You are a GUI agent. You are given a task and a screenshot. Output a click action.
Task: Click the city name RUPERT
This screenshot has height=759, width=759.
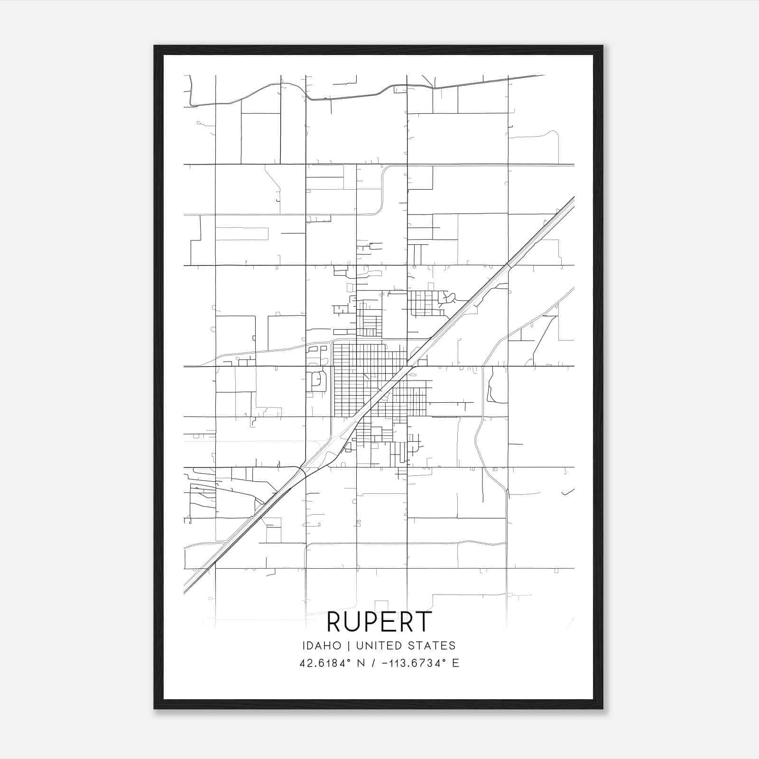tap(379, 622)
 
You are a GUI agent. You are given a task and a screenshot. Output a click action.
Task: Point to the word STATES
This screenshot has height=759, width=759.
tap(432, 646)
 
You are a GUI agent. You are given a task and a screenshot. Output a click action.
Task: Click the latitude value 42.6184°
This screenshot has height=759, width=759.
tap(327, 663)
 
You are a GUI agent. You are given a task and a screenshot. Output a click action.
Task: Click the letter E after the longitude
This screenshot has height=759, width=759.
tap(455, 663)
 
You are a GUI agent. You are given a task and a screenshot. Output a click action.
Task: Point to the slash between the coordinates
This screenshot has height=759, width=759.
tap(376, 663)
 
